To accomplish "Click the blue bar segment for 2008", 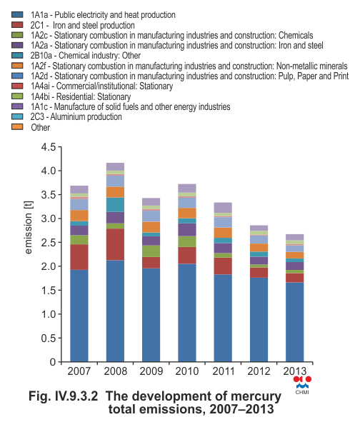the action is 115,311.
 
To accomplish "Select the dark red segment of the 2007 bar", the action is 79,257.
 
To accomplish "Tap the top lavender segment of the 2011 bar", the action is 223,208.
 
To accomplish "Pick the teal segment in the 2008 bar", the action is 115,205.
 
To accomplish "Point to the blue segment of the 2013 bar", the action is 295,322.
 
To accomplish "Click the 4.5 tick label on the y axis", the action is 48,147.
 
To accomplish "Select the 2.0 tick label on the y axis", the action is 48,266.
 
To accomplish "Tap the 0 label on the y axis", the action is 53,362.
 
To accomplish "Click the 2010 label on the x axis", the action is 187,371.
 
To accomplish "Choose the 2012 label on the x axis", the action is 259,371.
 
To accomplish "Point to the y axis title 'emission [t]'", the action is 29,227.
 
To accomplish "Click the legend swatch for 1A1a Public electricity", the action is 17,14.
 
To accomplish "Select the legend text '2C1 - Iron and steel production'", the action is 83,25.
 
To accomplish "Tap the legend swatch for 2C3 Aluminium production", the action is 17,116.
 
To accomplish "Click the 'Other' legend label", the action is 40,127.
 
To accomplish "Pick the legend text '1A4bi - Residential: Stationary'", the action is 81,96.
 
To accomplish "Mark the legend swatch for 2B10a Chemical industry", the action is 17,55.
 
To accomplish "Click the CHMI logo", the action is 302,385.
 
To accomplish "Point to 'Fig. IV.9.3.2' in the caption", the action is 63,396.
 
